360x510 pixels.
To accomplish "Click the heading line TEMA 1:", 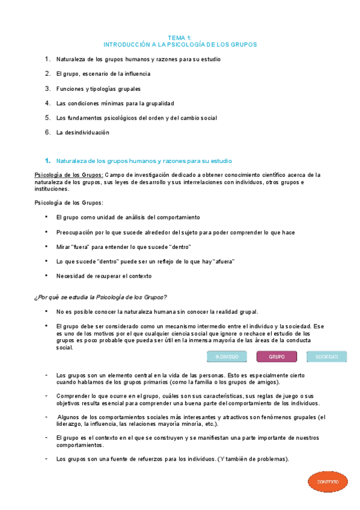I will coord(180,37).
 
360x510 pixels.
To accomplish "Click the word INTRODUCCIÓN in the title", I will coord(126,45).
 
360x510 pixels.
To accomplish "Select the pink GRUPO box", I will coord(276,357).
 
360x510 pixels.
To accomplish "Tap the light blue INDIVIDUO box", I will coord(227,357).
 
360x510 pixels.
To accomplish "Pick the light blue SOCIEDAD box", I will coord(326,357).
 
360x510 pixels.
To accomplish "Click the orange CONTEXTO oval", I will coord(328,482).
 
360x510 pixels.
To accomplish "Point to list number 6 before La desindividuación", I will coord(47,132).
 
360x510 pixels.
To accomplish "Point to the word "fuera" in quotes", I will coord(80,247).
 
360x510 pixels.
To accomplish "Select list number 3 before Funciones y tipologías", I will coord(47,88).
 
